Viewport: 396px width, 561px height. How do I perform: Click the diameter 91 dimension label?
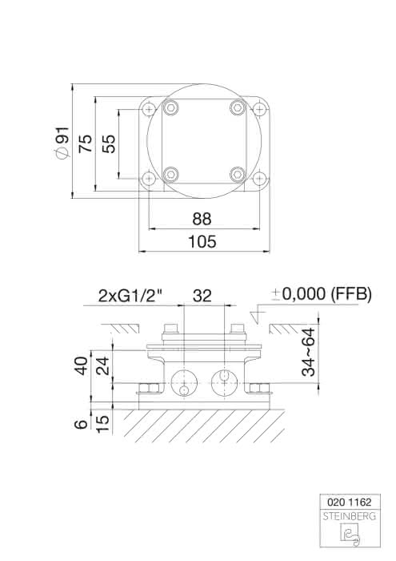pos(62,143)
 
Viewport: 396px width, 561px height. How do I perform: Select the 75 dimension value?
pos(86,143)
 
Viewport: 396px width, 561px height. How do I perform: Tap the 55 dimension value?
pos(109,143)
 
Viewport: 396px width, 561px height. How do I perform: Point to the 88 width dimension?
pos(202,219)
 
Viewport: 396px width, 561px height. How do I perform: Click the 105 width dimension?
pos(202,241)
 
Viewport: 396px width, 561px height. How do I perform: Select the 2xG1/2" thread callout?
pos(130,296)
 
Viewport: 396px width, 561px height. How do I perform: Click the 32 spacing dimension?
pos(202,296)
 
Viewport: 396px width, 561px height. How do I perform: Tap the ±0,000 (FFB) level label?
pos(322,294)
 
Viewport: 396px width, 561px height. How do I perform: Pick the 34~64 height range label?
pos(309,352)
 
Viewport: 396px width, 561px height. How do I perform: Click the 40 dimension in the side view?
pos(82,365)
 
